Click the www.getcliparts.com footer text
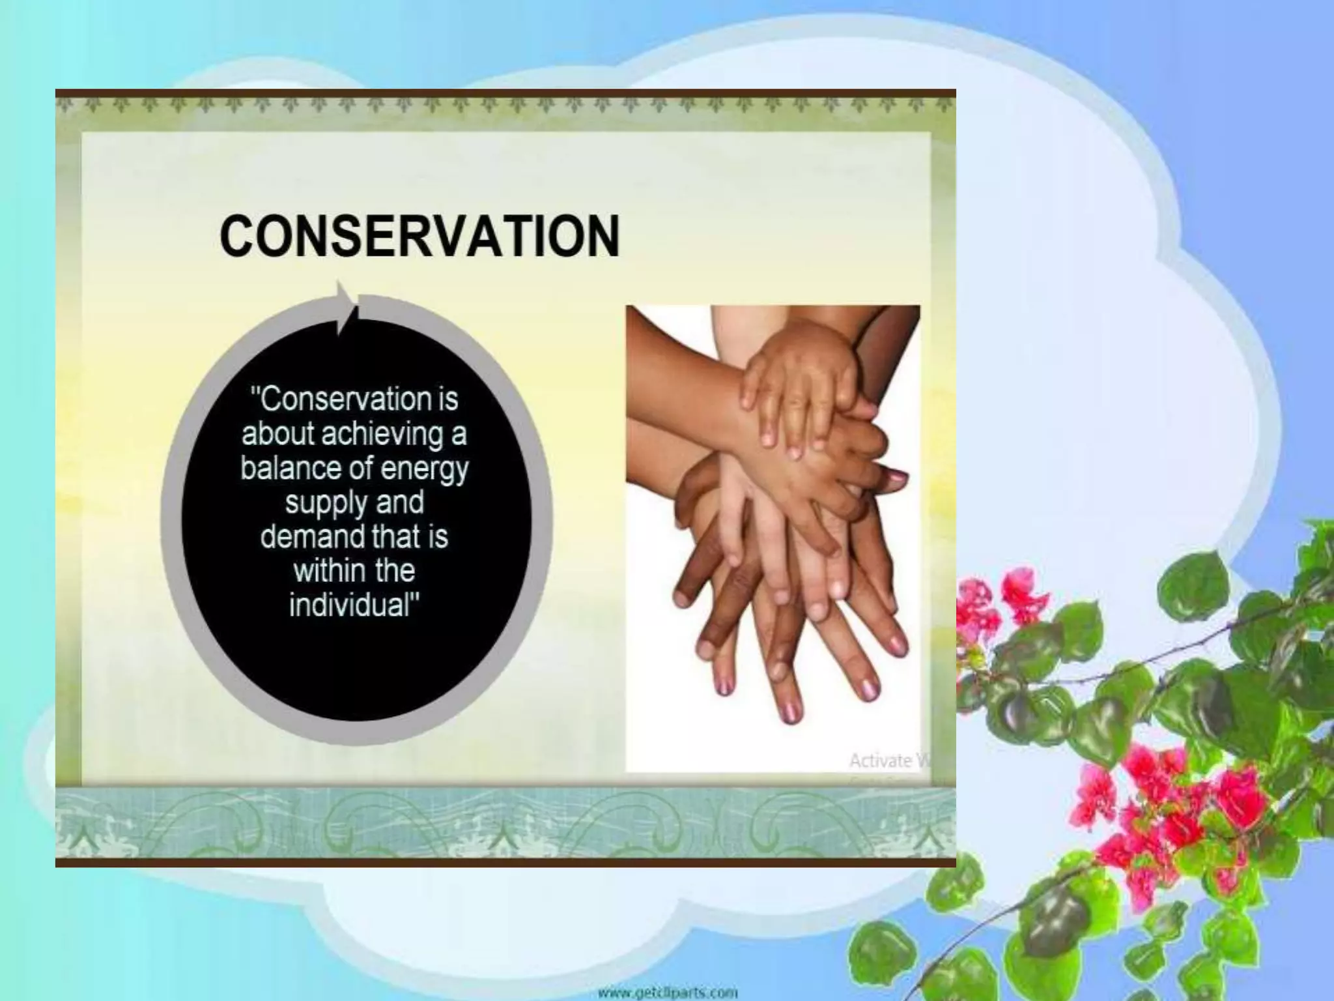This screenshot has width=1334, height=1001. pyautogui.click(x=667, y=993)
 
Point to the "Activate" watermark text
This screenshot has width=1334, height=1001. pyautogui.click(x=879, y=761)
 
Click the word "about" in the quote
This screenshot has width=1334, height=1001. pyautogui.click(x=277, y=433)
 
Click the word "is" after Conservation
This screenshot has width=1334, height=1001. pyautogui.click(x=447, y=399)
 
